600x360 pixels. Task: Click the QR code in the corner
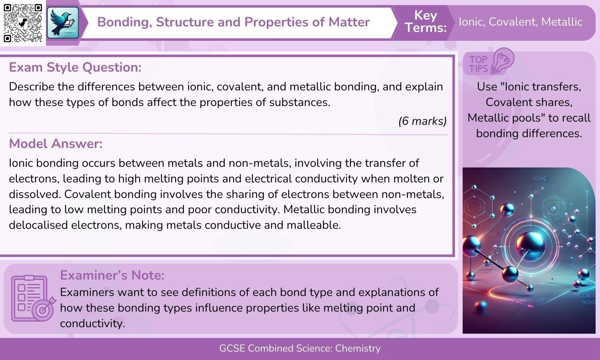click(x=23, y=23)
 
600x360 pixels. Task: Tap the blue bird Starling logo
click(x=63, y=23)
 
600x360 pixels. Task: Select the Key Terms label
click(x=425, y=22)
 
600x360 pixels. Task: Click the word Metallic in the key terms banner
click(x=562, y=22)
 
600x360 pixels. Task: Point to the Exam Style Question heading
click(x=75, y=67)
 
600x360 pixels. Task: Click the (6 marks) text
click(x=422, y=121)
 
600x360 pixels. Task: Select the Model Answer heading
click(x=56, y=144)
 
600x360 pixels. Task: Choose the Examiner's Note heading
click(x=112, y=275)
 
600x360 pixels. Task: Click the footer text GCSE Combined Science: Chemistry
click(x=300, y=348)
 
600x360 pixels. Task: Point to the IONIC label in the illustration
click(x=540, y=178)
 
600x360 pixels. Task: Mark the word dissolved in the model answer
click(x=34, y=194)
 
